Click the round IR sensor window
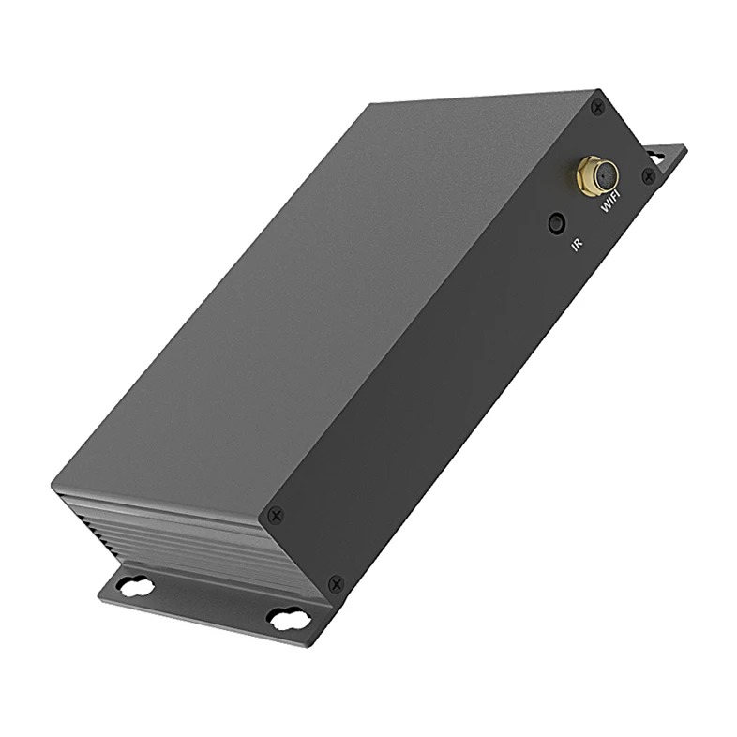pos(557,223)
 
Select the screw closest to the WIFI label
pos(648,175)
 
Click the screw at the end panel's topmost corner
pos(598,108)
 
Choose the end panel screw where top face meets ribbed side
pos(275,515)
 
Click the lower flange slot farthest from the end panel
pos(137,586)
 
